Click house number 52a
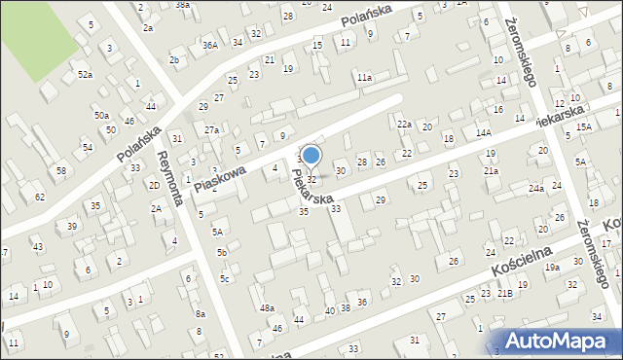[86, 74]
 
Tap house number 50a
[101, 115]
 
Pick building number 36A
[209, 45]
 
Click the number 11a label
[364, 77]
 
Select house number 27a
[211, 129]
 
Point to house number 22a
[405, 124]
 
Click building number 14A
[484, 131]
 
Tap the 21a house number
[492, 171]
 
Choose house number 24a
[536, 188]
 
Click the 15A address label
[583, 127]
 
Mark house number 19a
[552, 267]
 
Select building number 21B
[504, 292]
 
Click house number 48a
[267, 307]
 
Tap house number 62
[40, 197]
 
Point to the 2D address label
[154, 185]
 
